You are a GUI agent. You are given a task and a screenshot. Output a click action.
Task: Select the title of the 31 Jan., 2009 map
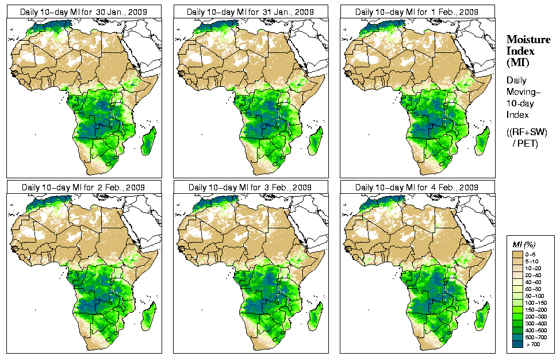click(251, 12)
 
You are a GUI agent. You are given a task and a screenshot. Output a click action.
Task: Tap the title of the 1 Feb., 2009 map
click(417, 12)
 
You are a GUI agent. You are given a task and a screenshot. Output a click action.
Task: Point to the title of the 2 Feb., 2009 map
click(84, 187)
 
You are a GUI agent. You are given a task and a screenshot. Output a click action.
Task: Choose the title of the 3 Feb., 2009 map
click(251, 187)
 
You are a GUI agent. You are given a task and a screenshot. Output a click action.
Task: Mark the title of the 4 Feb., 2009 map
click(417, 187)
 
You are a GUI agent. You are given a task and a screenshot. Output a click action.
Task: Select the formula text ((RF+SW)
click(527, 132)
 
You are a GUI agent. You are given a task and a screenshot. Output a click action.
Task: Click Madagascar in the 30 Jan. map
click(148, 141)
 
